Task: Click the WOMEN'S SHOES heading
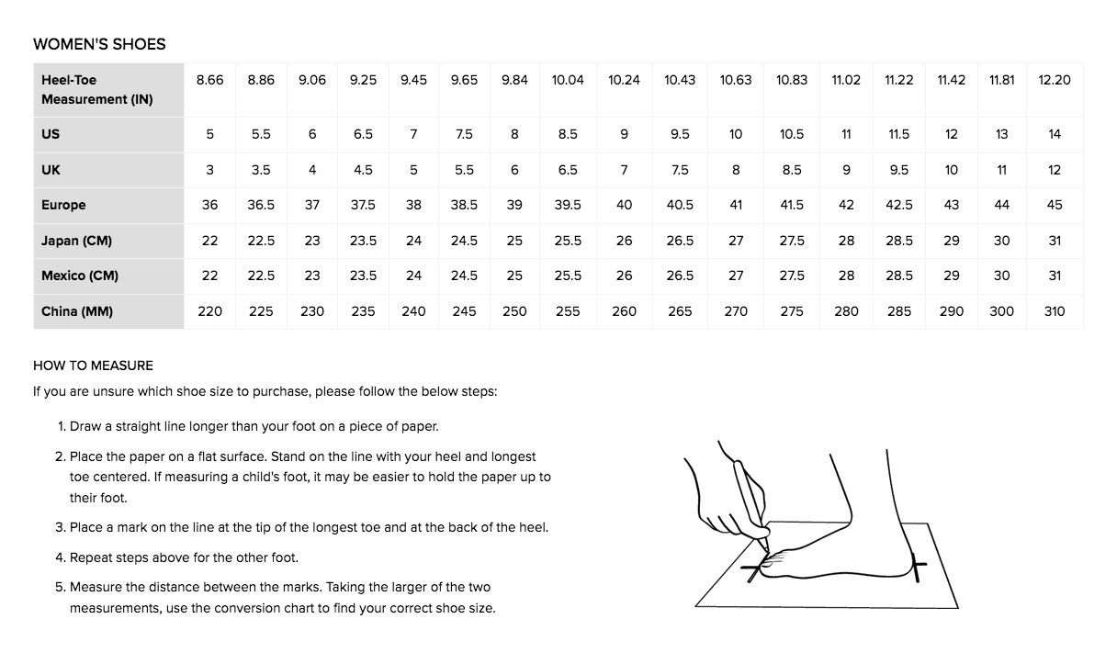(99, 44)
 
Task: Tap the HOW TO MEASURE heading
(94, 366)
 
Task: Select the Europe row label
(63, 206)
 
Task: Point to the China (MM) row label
(77, 311)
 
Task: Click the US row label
(51, 135)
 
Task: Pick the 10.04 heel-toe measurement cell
(568, 80)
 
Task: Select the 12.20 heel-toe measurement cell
(1055, 80)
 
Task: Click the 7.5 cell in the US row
(464, 135)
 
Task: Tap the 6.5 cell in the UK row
(568, 171)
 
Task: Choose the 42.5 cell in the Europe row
(898, 206)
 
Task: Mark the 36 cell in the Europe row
(209, 206)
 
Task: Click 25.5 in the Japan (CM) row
(568, 242)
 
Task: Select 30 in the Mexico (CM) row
(1001, 276)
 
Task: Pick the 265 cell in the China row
(680, 312)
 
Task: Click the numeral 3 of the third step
(59, 528)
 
